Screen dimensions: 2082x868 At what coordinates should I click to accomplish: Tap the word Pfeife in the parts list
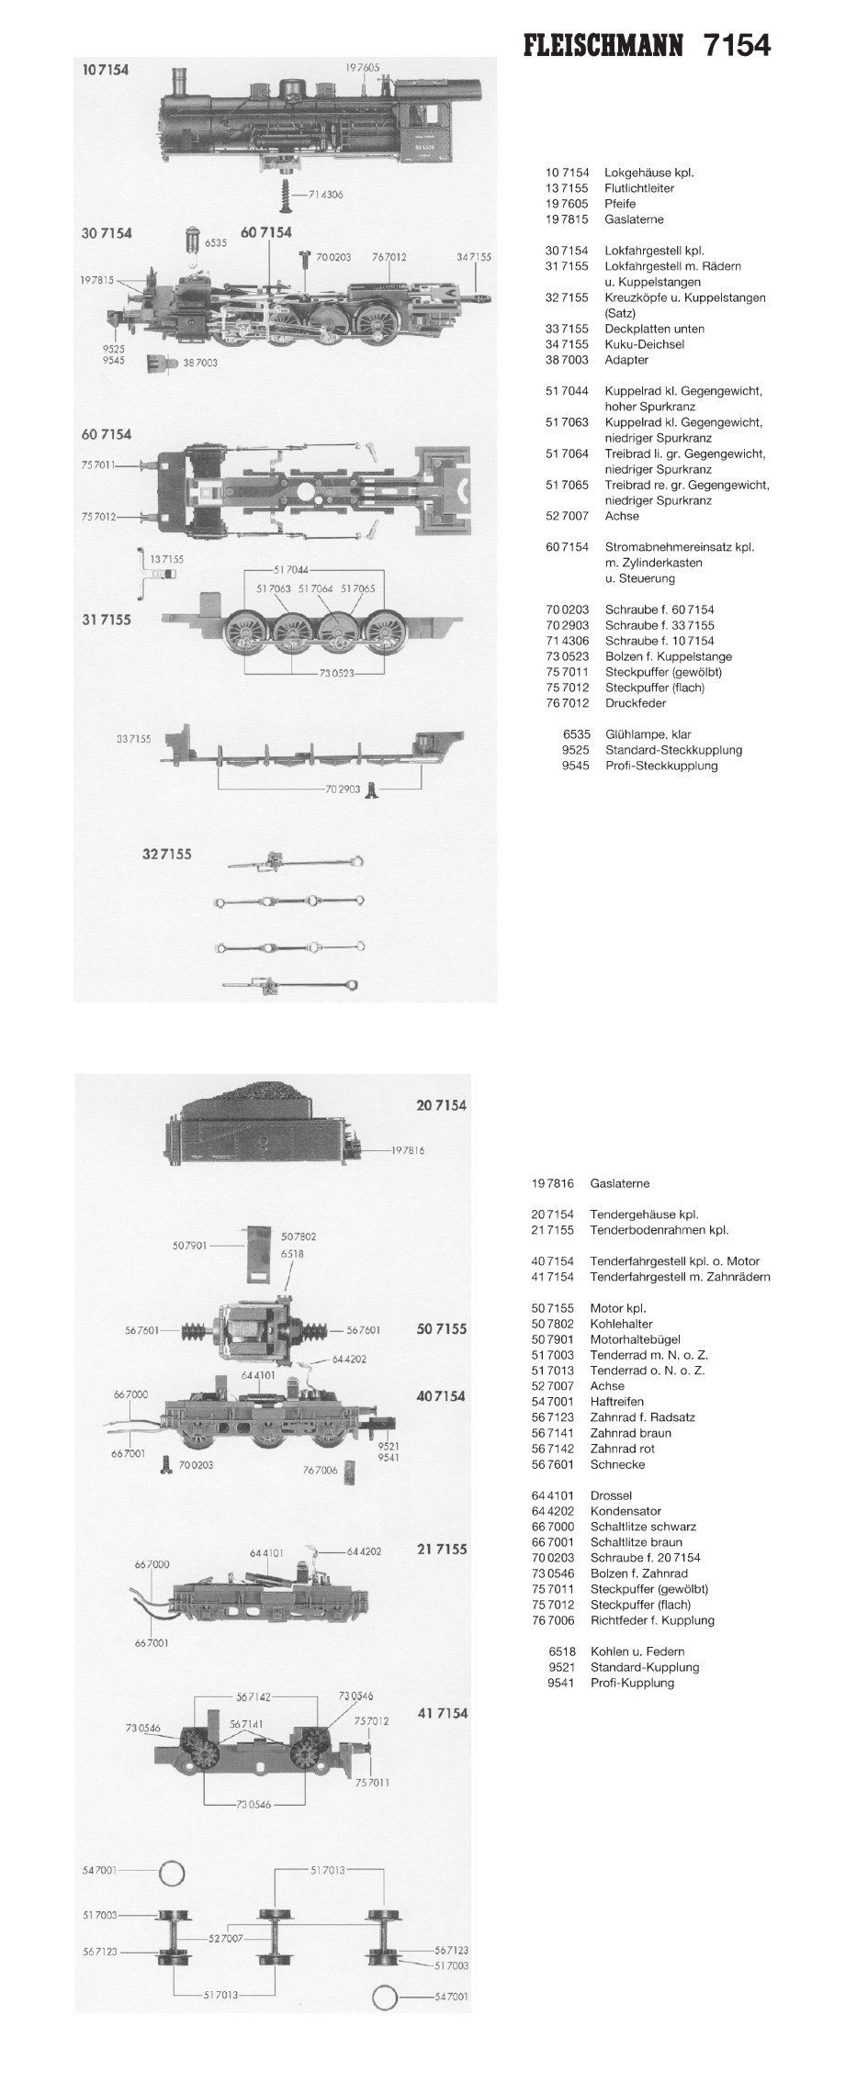[x=620, y=204]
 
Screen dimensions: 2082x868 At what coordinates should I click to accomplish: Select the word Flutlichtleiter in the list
[x=638, y=188]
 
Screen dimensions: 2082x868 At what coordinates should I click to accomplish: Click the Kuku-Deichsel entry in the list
[x=644, y=344]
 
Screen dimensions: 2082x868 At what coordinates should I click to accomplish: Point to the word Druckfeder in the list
[x=635, y=703]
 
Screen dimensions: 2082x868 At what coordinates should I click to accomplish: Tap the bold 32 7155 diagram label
[x=167, y=854]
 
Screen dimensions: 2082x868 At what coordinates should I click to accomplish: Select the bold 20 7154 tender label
[x=441, y=1105]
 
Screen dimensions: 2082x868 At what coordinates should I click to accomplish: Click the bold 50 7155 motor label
[x=441, y=1328]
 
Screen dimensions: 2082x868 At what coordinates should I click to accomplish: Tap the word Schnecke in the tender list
[x=617, y=1464]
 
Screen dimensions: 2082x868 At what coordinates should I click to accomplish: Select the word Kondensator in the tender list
[x=626, y=1511]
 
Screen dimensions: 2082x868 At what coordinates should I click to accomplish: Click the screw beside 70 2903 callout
[x=371, y=789]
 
